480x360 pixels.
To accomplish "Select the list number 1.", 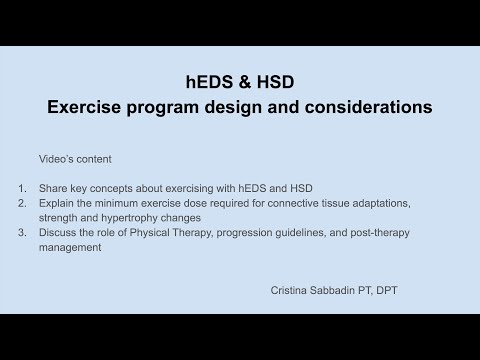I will (23, 187).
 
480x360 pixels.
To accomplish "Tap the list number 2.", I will (23, 202).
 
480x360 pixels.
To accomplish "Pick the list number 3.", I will (23, 232).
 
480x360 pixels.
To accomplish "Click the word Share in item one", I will (54, 187).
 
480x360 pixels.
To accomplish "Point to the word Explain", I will (58, 202).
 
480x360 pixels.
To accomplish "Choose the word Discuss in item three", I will (59, 232).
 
